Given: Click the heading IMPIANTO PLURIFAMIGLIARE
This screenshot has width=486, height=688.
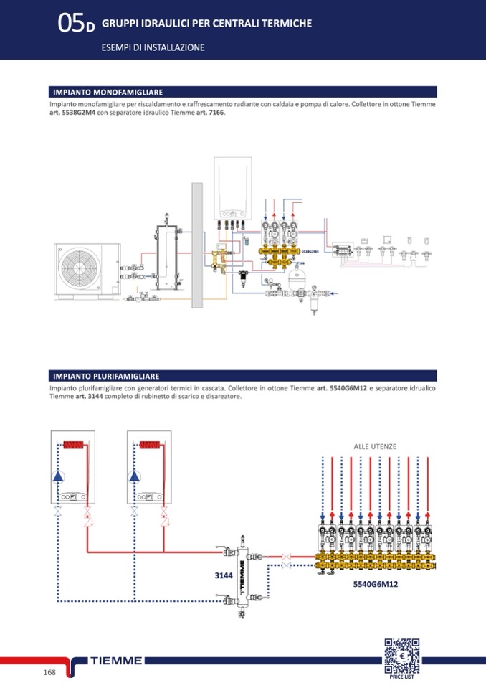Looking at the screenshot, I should click(106, 376).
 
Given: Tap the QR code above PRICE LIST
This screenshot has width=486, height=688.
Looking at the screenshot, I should click(401, 655).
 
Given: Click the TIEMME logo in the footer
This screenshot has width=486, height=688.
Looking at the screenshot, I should click(117, 661).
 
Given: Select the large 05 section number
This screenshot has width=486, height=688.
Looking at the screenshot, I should click(72, 24).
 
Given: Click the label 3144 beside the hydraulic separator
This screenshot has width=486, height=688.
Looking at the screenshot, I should click(224, 575).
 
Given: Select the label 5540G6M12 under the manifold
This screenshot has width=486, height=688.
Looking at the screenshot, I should click(375, 585).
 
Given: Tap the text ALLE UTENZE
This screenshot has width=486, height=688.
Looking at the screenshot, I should click(375, 446).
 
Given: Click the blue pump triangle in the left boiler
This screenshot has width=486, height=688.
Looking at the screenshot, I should click(58, 476).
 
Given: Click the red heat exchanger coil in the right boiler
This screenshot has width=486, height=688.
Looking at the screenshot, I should click(151, 444).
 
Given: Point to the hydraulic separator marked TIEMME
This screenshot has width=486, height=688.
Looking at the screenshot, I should click(242, 574).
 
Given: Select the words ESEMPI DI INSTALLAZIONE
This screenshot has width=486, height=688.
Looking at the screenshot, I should click(153, 47).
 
